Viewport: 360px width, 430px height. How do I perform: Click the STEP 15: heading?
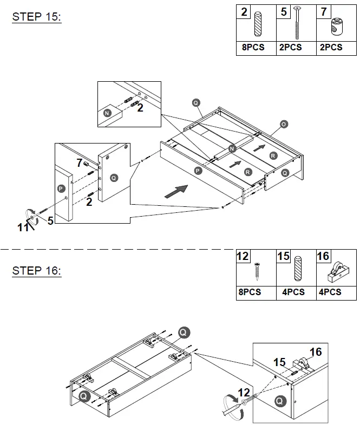(36, 17)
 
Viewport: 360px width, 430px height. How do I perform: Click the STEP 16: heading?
(36, 270)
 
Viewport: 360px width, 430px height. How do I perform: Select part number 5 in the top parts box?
(284, 12)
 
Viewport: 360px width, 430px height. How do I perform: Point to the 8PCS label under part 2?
(253, 47)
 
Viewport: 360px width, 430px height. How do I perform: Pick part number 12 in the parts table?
(243, 256)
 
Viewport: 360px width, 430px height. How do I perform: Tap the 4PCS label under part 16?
(330, 292)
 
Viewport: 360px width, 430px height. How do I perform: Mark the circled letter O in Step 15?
(284, 125)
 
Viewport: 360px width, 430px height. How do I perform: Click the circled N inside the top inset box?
(108, 113)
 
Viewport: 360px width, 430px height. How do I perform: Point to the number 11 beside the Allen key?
(23, 227)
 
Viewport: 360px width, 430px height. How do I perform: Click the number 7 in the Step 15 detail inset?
(79, 162)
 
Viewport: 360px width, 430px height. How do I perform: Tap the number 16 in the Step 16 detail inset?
(315, 352)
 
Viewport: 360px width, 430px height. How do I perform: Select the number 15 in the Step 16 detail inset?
(279, 362)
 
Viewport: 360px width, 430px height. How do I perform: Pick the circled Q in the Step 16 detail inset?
(279, 401)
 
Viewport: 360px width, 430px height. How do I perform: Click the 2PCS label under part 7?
(331, 47)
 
